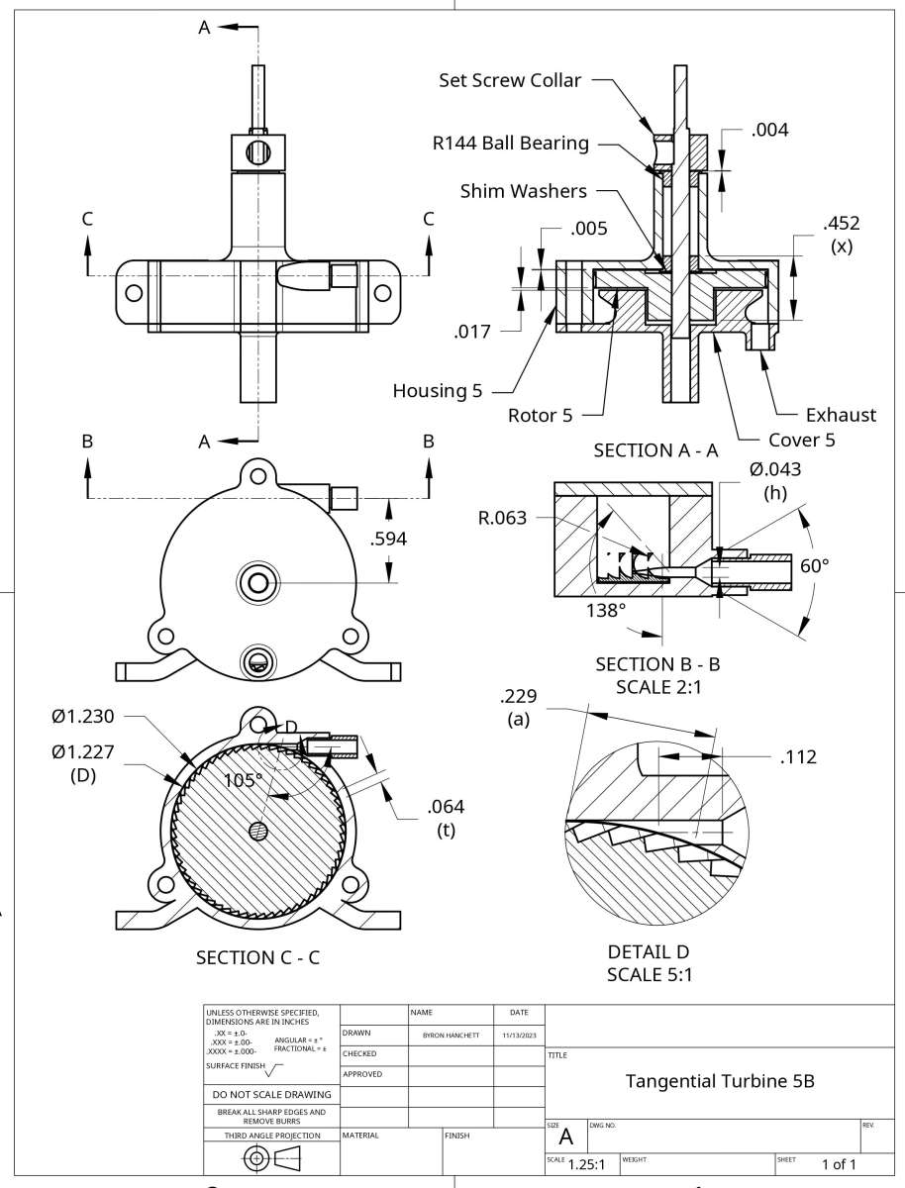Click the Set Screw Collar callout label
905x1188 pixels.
[510, 80]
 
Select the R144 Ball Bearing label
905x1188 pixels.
[510, 143]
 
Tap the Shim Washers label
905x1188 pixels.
[523, 190]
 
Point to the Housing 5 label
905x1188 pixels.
[430, 390]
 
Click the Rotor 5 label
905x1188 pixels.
[540, 415]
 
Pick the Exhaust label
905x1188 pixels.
[841, 415]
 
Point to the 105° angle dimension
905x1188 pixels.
[242, 779]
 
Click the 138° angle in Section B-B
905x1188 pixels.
[607, 610]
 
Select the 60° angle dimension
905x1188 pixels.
[815, 565]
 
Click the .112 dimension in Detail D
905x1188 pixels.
[798, 757]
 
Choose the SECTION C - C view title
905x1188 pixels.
[256, 957]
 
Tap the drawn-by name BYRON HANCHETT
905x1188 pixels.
[451, 1035]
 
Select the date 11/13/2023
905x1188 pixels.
[518, 1035]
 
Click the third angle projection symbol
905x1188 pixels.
[270, 1157]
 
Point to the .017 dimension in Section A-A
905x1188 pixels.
[472, 332]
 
